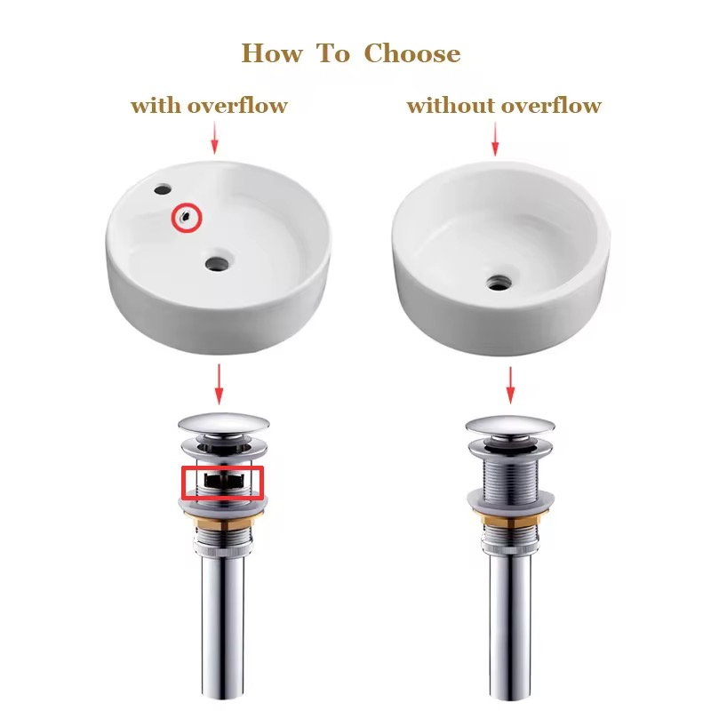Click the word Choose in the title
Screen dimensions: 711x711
pyautogui.click(x=412, y=54)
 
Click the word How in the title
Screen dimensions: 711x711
pyautogui.click(x=272, y=53)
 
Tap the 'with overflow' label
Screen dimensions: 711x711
pyautogui.click(x=209, y=106)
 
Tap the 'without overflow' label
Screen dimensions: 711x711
pyautogui.click(x=504, y=106)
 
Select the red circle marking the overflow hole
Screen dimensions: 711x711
pyautogui.click(x=187, y=217)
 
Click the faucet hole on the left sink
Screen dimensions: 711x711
pyautogui.click(x=162, y=189)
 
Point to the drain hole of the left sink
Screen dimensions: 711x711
pyautogui.click(x=217, y=262)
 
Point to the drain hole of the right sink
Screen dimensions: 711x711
pyautogui.click(x=498, y=283)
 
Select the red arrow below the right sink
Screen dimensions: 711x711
pyautogui.click(x=510, y=384)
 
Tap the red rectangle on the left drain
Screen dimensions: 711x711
pyautogui.click(x=223, y=482)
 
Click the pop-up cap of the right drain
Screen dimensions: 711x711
pyautogui.click(x=509, y=426)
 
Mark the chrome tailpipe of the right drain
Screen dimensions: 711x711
pyautogui.click(x=510, y=622)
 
